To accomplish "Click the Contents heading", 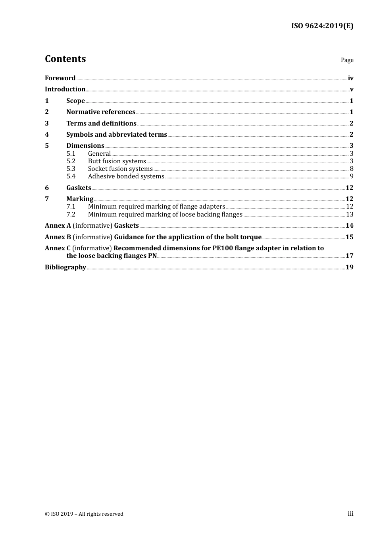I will [65, 59].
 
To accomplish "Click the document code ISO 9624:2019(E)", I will [322, 26].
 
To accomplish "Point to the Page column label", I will [347, 60].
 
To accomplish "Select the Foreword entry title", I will [60, 78].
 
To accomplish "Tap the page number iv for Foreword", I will [350, 78].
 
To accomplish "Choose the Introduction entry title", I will [65, 89].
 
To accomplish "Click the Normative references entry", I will [101, 112].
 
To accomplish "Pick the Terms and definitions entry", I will [101, 124].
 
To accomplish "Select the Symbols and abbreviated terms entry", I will [117, 135].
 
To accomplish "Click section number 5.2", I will [71, 161].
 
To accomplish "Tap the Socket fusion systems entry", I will [120, 169].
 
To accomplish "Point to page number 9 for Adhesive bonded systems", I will [352, 176].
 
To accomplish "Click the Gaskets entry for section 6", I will [79, 188].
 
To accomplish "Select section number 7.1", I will [71, 207].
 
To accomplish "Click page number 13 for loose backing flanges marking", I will [350, 215].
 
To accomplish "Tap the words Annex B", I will [58, 237].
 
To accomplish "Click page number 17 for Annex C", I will [350, 256].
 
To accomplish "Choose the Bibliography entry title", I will [65, 267].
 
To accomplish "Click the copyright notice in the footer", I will [84, 514].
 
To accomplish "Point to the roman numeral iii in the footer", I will [350, 514].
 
